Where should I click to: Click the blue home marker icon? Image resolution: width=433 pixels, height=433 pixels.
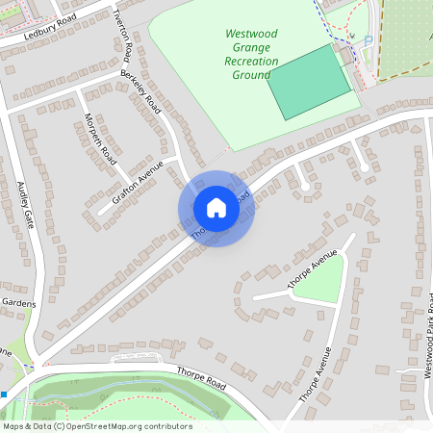216,208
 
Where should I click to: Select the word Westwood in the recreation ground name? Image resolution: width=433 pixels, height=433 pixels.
250,34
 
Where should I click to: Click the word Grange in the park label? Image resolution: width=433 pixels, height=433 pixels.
250,47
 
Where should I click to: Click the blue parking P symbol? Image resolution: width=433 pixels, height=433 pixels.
368,40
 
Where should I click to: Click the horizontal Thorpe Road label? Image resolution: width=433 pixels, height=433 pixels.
200,377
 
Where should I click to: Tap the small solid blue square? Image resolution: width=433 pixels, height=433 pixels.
4,395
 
